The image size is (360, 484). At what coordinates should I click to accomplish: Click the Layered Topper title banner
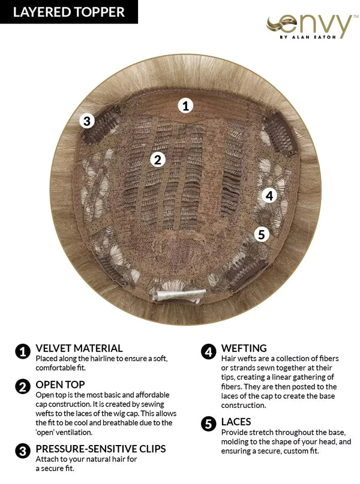pos(69,12)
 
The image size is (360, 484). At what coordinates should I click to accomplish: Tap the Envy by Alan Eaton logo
pos(309,27)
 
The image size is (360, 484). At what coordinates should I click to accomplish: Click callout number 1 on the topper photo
pos(185,106)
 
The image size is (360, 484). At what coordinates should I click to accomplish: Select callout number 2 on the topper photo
pos(158,160)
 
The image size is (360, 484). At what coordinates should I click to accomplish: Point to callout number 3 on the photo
pos(87,121)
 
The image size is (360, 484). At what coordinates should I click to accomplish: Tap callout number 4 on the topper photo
pos(269,196)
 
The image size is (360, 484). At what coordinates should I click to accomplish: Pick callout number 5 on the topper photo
pos(262,235)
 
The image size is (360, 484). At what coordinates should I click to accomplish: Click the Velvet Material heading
pos(79,348)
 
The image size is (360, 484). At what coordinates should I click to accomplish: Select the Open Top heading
pos(60,384)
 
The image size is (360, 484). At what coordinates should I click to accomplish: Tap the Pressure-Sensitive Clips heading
pos(101,449)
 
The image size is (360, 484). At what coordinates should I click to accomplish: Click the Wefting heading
pos(244,348)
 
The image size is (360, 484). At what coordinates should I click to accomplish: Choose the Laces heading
pos(236,422)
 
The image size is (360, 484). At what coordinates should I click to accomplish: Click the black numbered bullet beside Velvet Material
pos(23,351)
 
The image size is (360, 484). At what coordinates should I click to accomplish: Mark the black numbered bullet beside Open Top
pos(23,387)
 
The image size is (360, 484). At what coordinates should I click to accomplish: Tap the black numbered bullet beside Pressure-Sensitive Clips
pos(23,451)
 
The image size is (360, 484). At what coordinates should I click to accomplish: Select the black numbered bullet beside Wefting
pos(208,351)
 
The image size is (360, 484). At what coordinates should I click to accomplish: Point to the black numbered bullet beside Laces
pos(208,424)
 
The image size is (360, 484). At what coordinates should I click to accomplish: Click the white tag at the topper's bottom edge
pos(179,296)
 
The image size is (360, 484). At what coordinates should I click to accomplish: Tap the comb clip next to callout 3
pos(103,125)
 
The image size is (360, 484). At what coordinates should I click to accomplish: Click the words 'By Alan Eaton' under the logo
pos(308,37)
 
